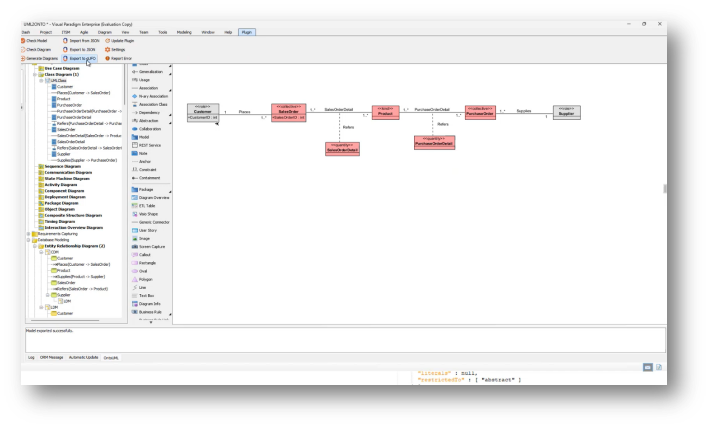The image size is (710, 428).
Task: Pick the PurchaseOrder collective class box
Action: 480,112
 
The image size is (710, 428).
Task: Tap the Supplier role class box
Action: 566,112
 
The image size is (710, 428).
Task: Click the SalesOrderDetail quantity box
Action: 342,149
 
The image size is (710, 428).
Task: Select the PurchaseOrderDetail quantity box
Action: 434,142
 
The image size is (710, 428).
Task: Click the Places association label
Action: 244,112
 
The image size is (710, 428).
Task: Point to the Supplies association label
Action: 523,111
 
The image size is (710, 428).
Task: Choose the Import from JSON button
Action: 81,41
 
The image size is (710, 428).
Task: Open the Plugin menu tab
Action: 247,32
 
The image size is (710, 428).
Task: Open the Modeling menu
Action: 184,32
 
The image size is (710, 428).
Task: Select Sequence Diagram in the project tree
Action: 62,166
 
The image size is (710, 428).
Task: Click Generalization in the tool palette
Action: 150,72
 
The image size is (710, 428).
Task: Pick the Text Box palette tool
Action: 146,296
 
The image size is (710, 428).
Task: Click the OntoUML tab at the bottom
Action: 111,357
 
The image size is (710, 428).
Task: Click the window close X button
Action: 659,24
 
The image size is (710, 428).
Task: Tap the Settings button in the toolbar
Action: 115,50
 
